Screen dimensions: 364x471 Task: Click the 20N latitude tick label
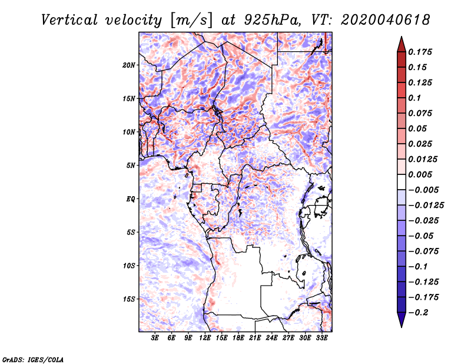pyautogui.click(x=129, y=65)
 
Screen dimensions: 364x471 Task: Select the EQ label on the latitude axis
pyautogui.click(x=131, y=199)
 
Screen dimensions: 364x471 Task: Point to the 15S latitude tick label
pyautogui.click(x=129, y=299)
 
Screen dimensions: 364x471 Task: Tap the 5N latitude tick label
pyautogui.click(x=131, y=166)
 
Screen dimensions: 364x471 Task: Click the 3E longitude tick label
pyautogui.click(x=155, y=338)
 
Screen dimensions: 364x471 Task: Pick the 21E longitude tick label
pyautogui.click(x=256, y=338)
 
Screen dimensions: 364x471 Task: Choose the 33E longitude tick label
pyautogui.click(x=322, y=338)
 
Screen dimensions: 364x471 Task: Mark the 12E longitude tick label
pyautogui.click(x=205, y=338)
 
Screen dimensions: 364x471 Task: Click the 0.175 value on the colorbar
pyautogui.click(x=420, y=52)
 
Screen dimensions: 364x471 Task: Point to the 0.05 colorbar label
pyautogui.click(x=418, y=128)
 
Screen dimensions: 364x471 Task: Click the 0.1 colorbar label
pyautogui.click(x=414, y=98)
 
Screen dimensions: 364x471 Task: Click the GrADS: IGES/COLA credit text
pyautogui.click(x=33, y=359)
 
